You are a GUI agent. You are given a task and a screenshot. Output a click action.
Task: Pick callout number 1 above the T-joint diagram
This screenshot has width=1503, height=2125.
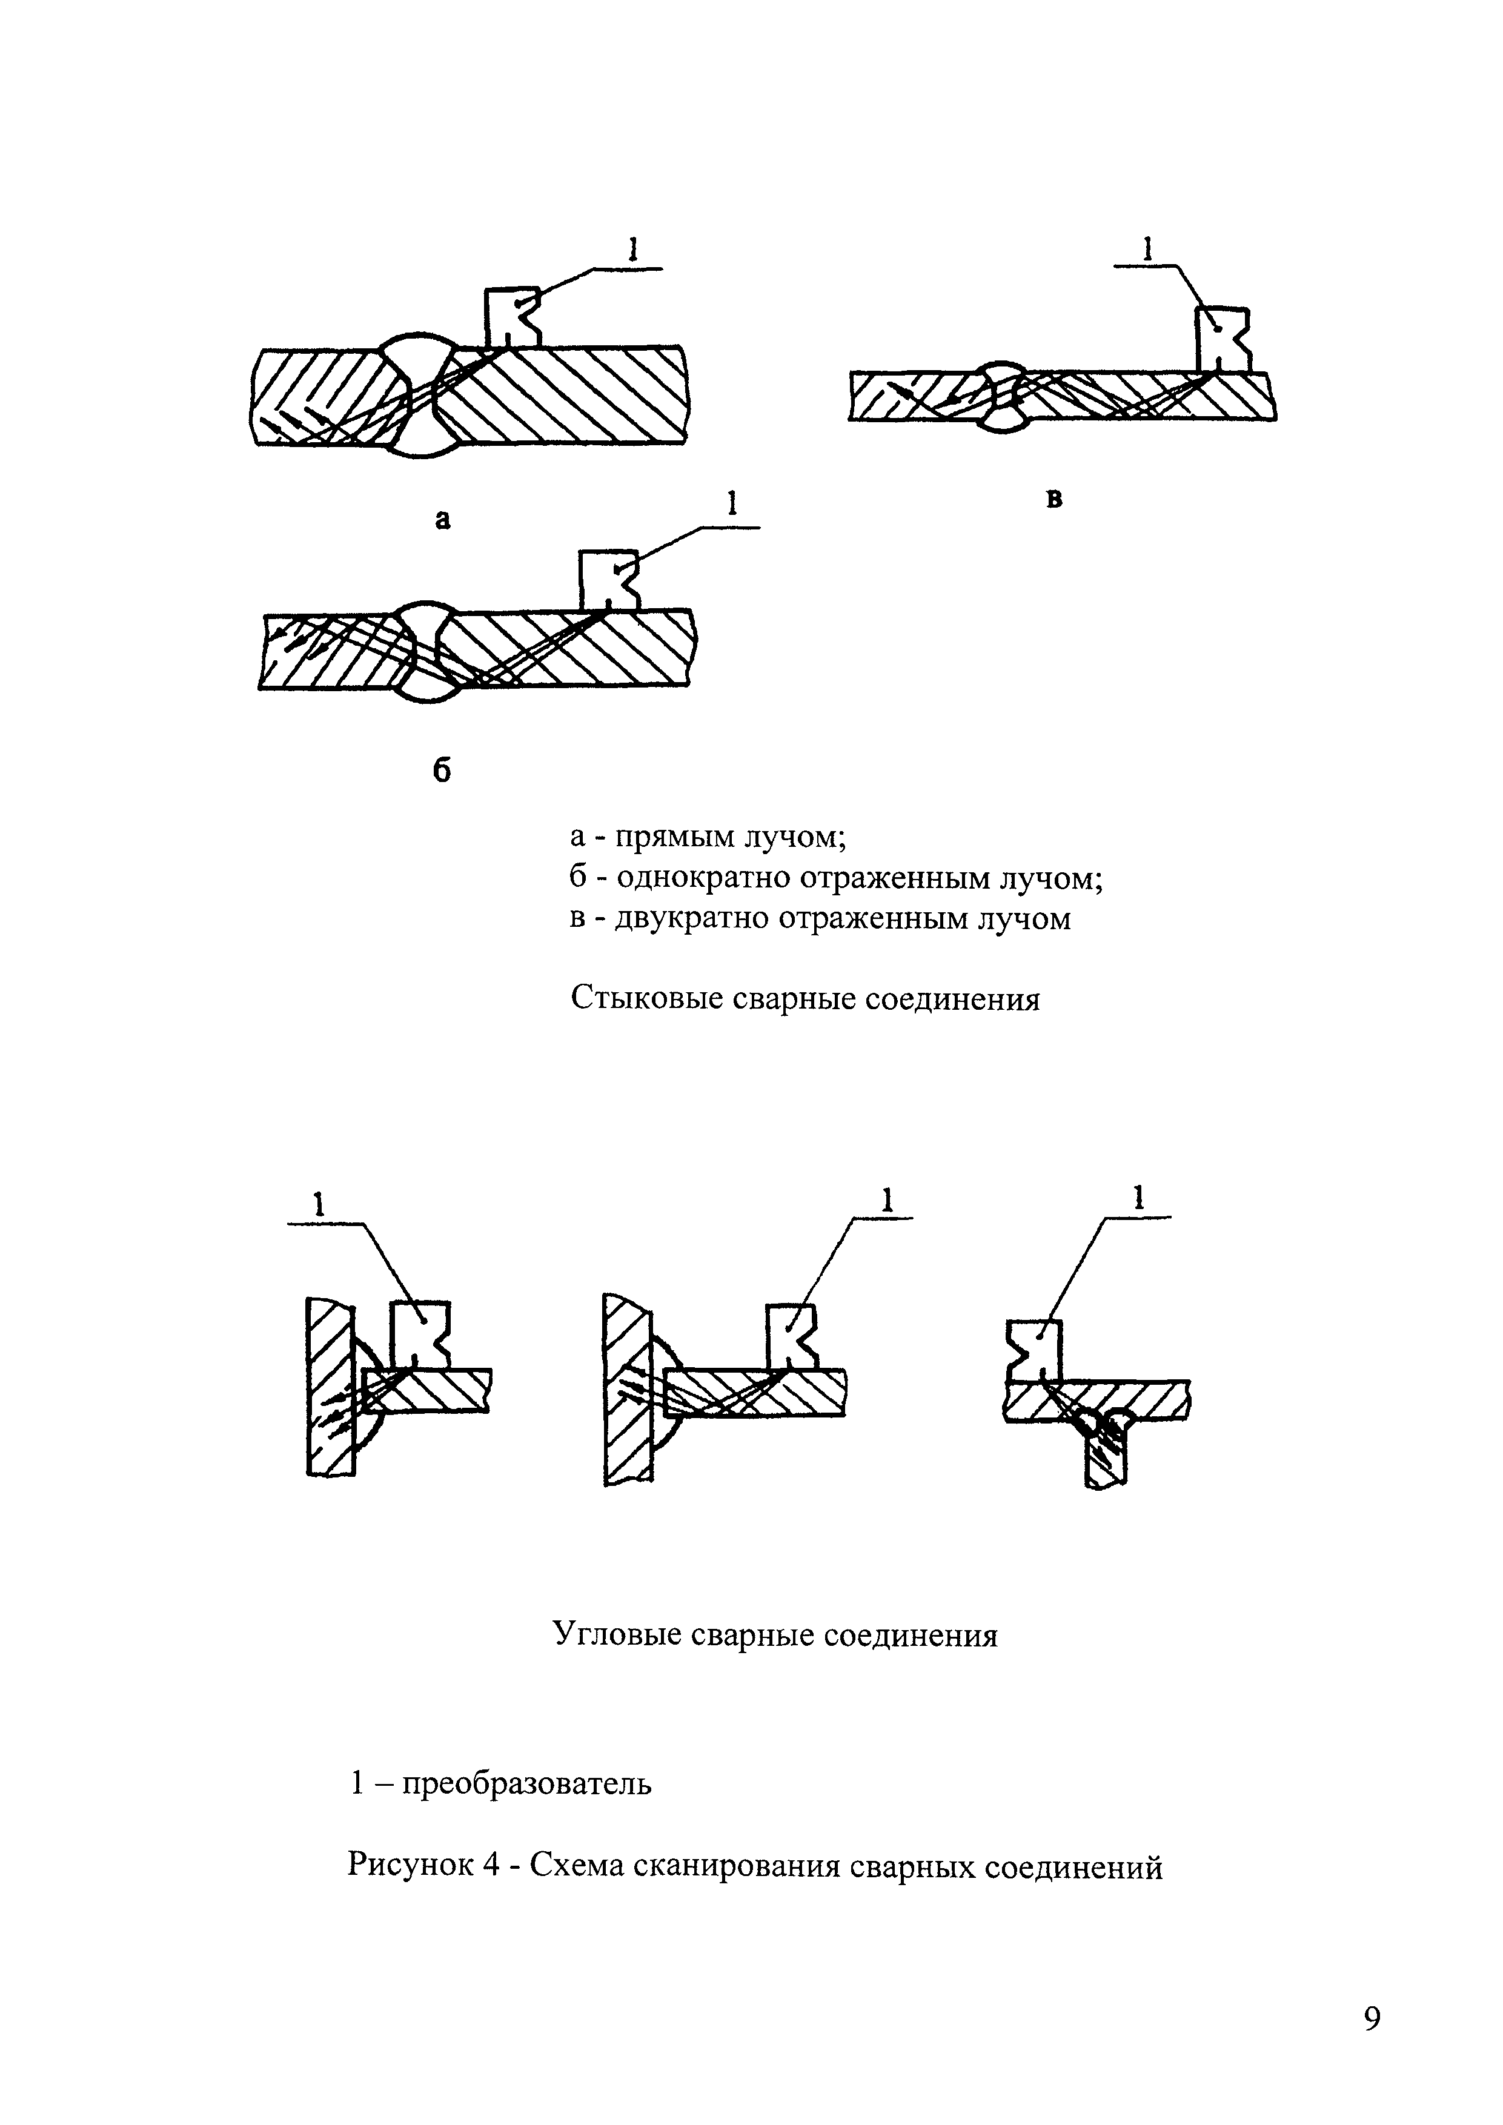(x=1140, y=1199)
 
